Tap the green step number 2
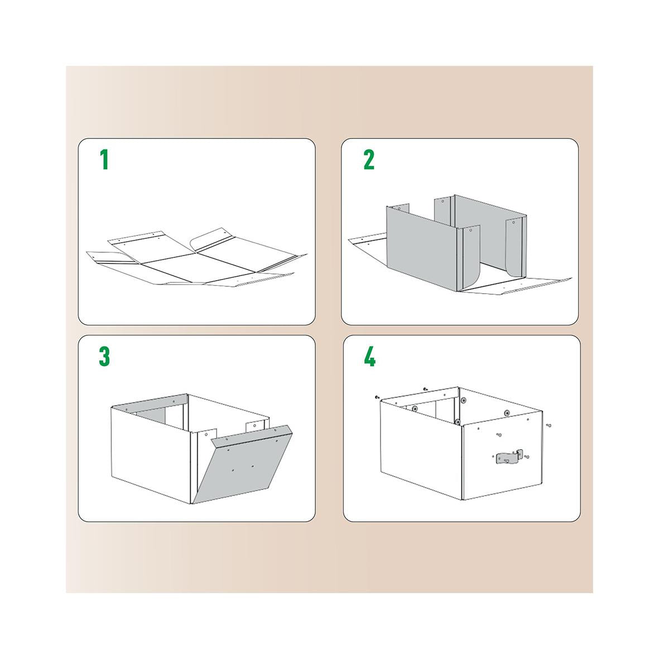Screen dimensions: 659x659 [369, 160]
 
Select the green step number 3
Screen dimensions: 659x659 [104, 357]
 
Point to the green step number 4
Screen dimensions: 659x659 [369, 357]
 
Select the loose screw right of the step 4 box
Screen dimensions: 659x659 [549, 426]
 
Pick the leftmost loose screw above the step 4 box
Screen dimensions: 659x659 [377, 397]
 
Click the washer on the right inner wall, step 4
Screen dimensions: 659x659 [507, 413]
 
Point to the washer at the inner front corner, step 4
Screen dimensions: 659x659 [458, 421]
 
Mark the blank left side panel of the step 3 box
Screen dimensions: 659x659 [151, 454]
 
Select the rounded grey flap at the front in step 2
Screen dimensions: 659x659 [471, 256]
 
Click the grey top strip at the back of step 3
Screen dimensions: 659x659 [150, 401]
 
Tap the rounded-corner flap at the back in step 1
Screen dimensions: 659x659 [212, 238]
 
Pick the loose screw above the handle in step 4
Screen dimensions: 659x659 [499, 435]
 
